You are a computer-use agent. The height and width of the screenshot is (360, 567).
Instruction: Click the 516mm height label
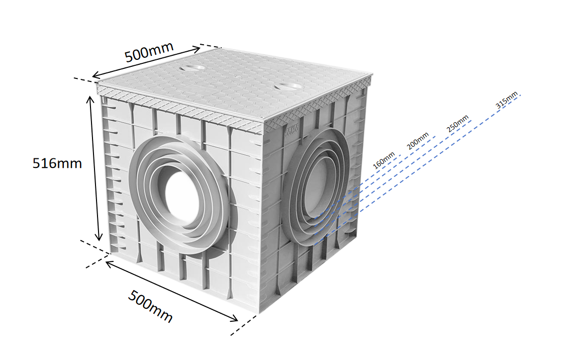click(x=57, y=163)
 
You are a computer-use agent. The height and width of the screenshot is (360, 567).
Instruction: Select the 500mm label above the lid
click(x=149, y=52)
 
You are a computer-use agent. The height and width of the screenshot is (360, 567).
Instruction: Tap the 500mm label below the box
click(x=150, y=306)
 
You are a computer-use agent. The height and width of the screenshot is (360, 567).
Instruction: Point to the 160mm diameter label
click(x=384, y=162)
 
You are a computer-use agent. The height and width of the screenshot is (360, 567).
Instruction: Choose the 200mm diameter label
click(x=418, y=141)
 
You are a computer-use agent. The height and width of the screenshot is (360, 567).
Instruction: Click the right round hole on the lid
click(x=287, y=87)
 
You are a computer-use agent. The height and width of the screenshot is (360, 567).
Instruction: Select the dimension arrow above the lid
click(x=146, y=63)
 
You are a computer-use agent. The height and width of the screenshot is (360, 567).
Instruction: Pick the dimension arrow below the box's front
click(x=171, y=290)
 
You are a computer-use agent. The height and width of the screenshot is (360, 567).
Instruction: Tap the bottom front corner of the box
click(x=259, y=313)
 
